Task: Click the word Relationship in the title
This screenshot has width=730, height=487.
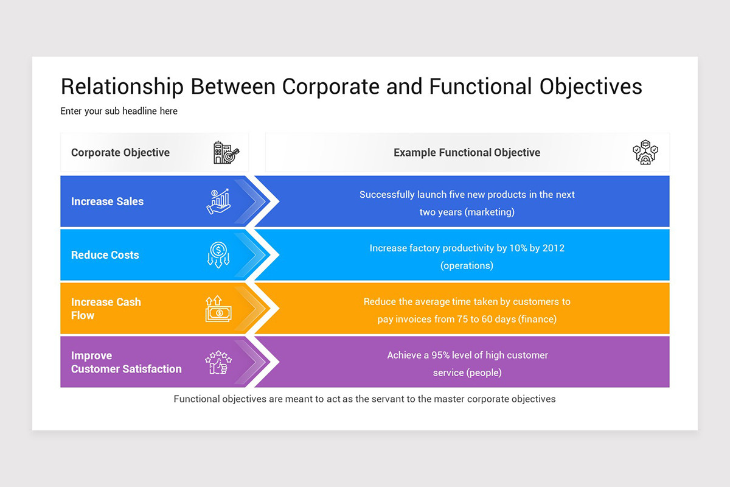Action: pos(122,86)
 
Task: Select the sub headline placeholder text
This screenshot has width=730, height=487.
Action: pos(119,111)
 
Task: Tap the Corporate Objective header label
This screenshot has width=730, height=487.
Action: pos(120,152)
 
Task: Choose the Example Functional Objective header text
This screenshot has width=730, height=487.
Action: pos(467,152)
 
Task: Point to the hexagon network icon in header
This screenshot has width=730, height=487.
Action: pos(645,152)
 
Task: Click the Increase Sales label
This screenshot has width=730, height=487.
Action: pos(107,201)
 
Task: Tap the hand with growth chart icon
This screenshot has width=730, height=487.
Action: pos(218,201)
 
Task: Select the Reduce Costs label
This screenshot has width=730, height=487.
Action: pos(105,255)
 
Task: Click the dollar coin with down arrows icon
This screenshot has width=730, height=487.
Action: pos(218,255)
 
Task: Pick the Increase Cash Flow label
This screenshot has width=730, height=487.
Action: pos(106,309)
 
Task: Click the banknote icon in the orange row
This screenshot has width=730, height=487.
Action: pos(218,309)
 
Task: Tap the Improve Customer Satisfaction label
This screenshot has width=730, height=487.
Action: pos(126,362)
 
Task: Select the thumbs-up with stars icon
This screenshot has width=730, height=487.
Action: pos(218,362)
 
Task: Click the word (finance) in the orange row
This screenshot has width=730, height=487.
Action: pos(537,319)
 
